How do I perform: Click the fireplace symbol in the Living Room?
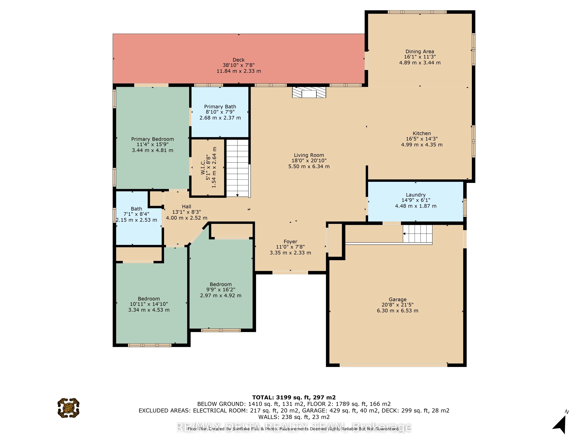coord(309,92)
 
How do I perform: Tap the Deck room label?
coord(238,60)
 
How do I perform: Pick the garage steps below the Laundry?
coord(417,234)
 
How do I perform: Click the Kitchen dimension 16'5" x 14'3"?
coord(422,139)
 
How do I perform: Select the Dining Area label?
coord(420,52)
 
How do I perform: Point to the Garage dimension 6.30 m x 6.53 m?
coord(397,310)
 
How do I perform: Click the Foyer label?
coord(290,242)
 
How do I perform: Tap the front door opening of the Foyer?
coord(290,273)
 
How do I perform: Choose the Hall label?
coord(186,207)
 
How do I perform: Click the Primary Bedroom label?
coord(153,139)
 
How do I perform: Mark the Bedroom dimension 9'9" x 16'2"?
coord(221,290)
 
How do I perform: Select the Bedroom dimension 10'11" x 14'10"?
coord(149,304)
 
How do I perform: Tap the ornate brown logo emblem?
coord(68,408)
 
